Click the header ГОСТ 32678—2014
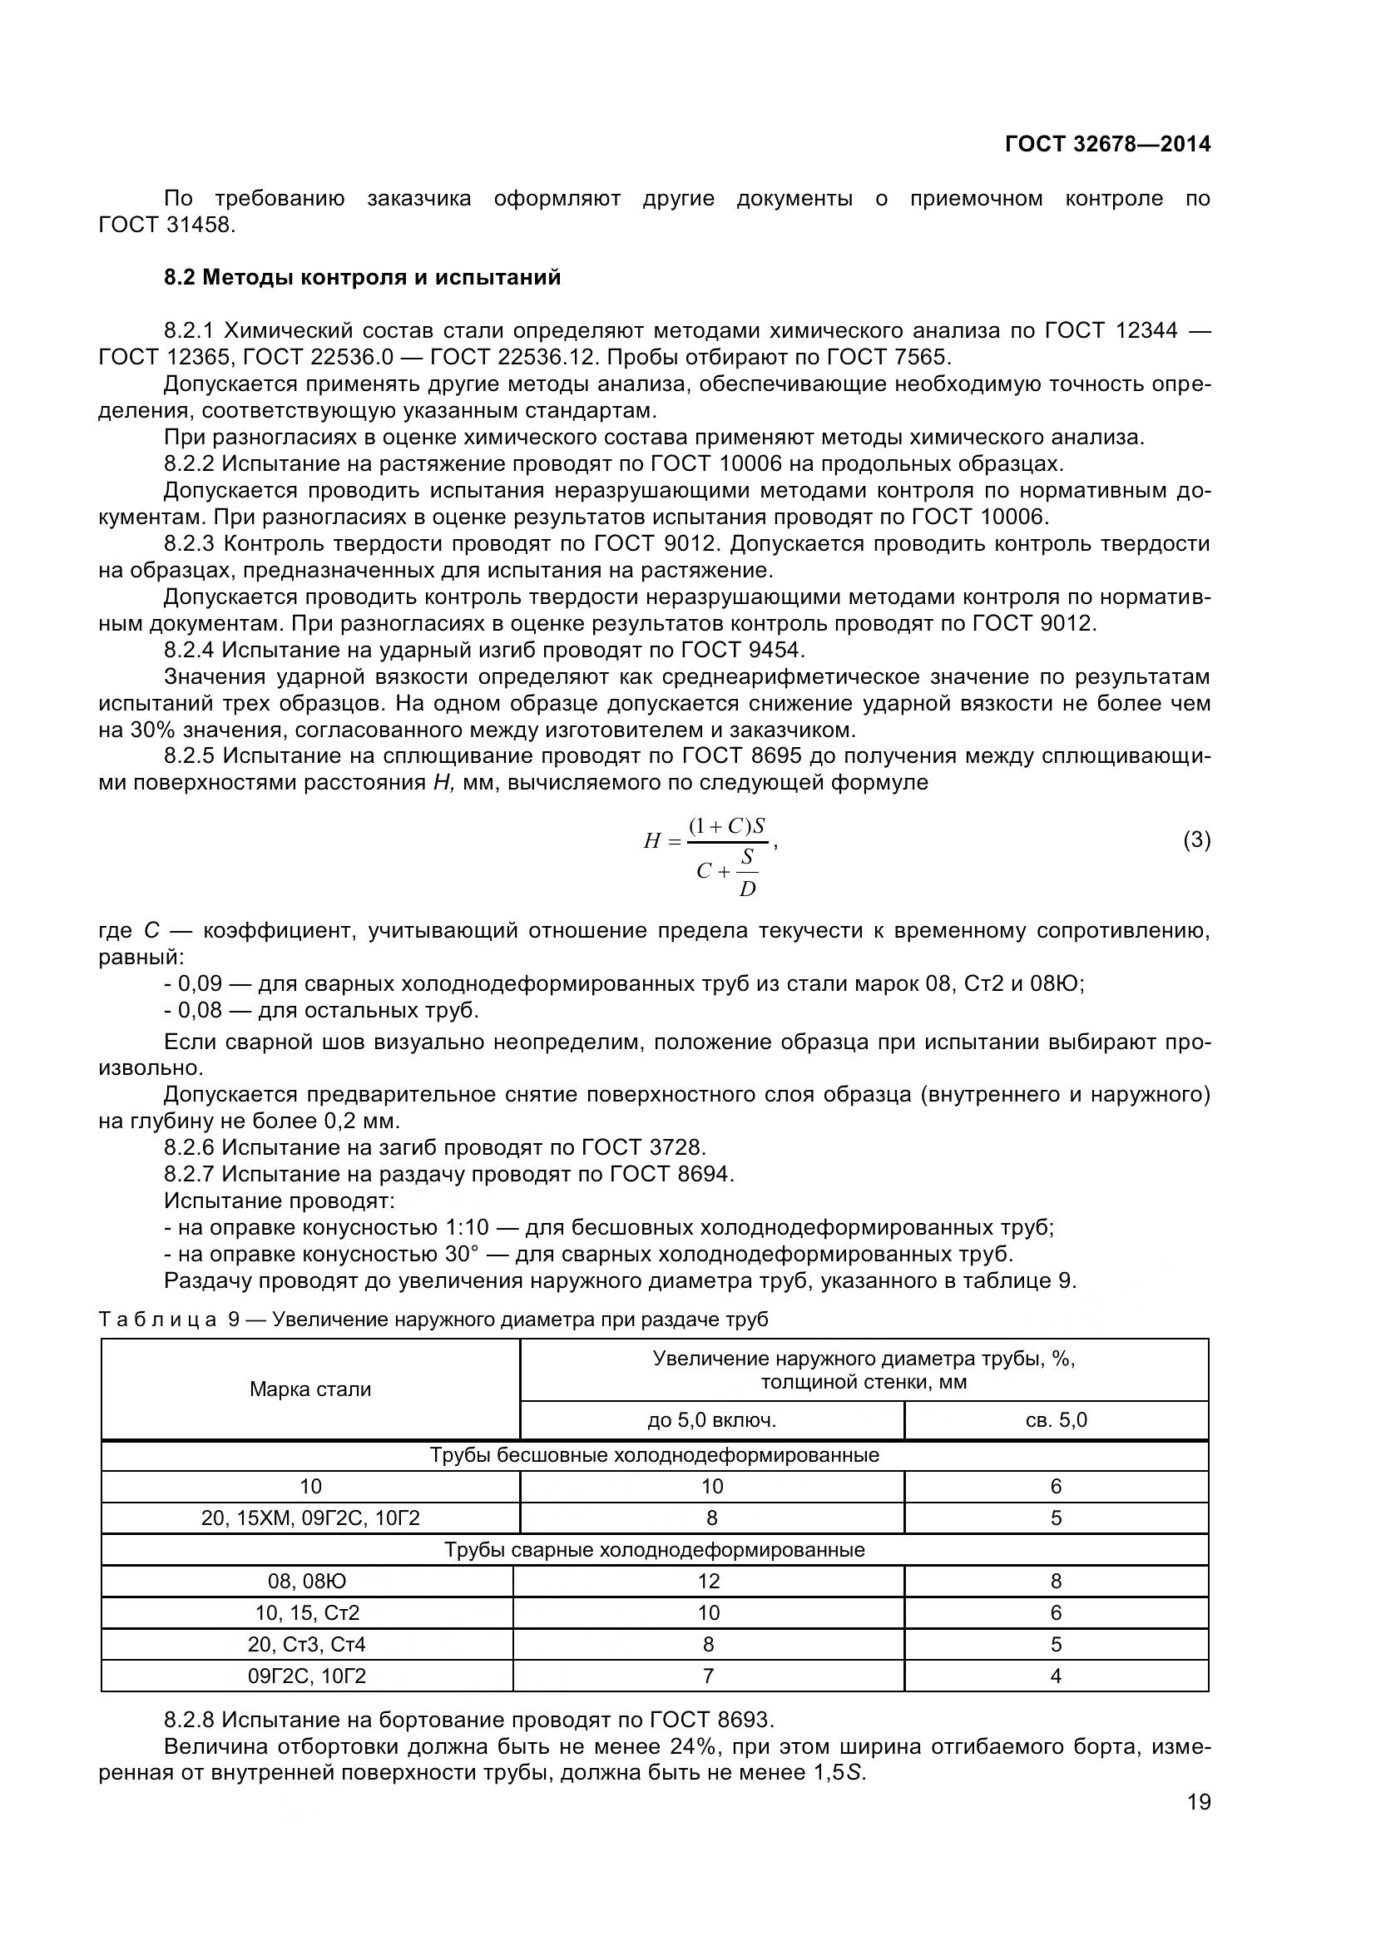(1107, 144)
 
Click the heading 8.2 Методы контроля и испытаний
(362, 277)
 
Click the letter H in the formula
(651, 842)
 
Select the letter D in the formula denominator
(746, 889)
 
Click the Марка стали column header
(310, 1389)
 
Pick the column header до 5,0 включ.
(712, 1420)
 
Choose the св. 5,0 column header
(1056, 1420)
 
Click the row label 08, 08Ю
(307, 1581)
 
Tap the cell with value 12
(708, 1581)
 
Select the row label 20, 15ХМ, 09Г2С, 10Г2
(310, 1518)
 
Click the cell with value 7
(708, 1676)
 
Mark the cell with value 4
(1056, 1676)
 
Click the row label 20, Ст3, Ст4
(307, 1644)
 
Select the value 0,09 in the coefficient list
(199, 984)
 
